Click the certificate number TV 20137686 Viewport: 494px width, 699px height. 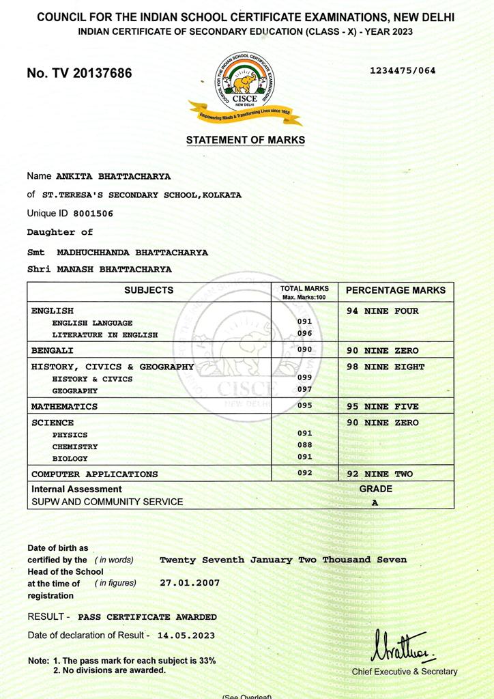click(x=79, y=73)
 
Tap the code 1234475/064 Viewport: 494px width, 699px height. click(x=403, y=70)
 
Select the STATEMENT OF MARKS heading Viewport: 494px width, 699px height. click(x=246, y=140)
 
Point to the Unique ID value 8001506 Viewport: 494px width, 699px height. click(x=93, y=214)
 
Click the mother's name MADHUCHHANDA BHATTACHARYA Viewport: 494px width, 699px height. click(x=132, y=252)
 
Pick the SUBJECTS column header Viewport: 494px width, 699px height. click(x=149, y=290)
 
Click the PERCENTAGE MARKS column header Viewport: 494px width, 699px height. click(x=396, y=290)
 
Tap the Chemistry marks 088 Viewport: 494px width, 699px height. click(x=304, y=445)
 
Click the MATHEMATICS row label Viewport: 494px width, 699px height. click(x=64, y=406)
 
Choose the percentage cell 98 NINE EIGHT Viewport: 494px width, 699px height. click(x=386, y=367)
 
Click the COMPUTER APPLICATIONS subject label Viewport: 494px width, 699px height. click(x=94, y=474)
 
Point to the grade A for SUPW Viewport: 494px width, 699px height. click(x=375, y=502)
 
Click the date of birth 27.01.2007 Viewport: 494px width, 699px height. click(x=189, y=584)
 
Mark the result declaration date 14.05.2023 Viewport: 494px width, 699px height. click(x=186, y=635)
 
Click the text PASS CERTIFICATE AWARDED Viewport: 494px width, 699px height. click(x=147, y=616)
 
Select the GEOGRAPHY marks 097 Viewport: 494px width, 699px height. click(x=304, y=389)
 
